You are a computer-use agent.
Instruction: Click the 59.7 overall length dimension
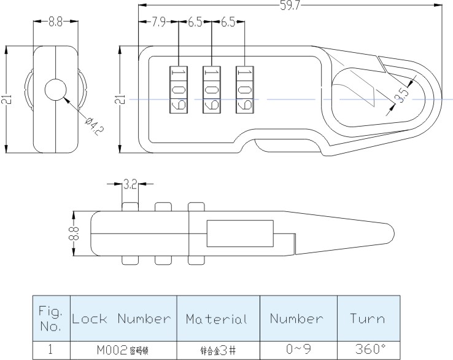[x=290, y=6]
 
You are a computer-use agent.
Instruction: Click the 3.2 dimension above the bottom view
[x=130, y=184]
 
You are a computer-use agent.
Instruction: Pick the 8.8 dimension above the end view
[x=56, y=22]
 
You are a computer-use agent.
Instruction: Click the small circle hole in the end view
[x=56, y=90]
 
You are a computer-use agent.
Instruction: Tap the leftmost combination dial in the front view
[x=179, y=89]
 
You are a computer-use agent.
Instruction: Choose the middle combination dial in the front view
[x=211, y=89]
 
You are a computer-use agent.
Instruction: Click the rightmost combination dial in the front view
[x=244, y=89]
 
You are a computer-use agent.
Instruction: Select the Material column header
[x=217, y=319]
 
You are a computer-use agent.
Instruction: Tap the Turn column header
[x=368, y=319]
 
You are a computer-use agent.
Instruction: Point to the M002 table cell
[x=123, y=350]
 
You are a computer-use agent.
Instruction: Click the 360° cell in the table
[x=368, y=350]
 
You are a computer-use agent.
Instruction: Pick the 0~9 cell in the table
[x=298, y=350]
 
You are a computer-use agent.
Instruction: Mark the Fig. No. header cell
[x=51, y=319]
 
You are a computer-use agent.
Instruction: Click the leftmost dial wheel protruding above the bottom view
[x=130, y=206]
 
